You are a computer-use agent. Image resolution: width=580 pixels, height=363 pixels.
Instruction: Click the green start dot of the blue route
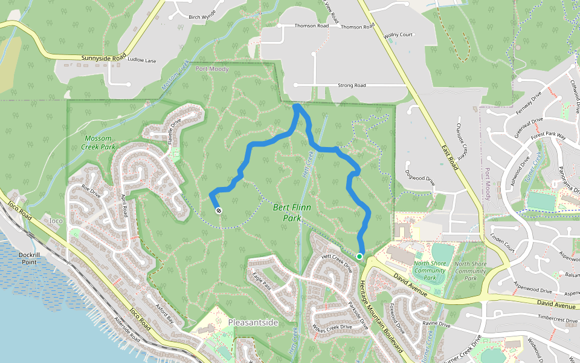[x=359, y=257]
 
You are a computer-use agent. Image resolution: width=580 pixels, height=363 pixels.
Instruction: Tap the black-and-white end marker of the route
[x=218, y=211]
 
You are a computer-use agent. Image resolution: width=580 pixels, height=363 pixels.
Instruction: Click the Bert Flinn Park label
[x=292, y=212]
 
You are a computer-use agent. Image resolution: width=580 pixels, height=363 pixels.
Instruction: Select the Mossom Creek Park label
[x=100, y=142]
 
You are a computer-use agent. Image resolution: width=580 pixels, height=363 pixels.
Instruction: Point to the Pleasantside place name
[x=253, y=322]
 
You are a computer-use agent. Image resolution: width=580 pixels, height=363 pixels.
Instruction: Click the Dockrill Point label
[x=28, y=259]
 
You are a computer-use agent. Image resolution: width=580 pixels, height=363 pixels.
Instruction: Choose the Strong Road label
[x=352, y=86]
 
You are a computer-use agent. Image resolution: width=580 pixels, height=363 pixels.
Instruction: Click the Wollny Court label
[x=398, y=35]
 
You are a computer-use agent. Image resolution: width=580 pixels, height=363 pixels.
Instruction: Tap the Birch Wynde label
[x=202, y=18]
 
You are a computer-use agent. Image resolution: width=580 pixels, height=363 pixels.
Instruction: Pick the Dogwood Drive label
[x=421, y=179]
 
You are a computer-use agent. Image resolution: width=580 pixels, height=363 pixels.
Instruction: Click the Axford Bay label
[x=164, y=312]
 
